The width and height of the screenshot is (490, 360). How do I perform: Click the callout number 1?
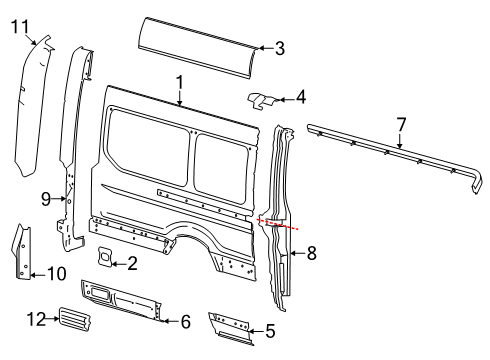pyautogui.click(x=179, y=82)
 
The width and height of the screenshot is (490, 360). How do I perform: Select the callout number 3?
pyautogui.click(x=279, y=47)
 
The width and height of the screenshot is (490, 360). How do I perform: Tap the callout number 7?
pyautogui.click(x=401, y=123)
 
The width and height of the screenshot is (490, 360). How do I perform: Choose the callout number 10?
pyautogui.click(x=30, y=273)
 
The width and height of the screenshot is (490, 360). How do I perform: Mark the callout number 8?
pyautogui.click(x=312, y=254)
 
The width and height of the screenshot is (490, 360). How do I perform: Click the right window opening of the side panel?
pyautogui.click(x=224, y=155)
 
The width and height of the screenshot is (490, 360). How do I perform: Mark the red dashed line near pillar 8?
pyautogui.click(x=278, y=224)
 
